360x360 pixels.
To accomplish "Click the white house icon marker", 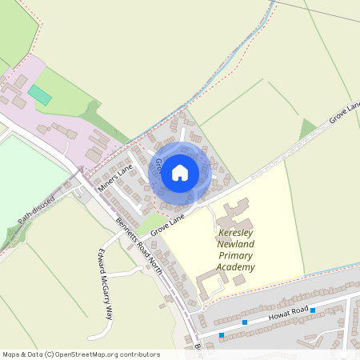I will pos(180,172).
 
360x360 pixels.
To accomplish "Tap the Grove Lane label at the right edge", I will pos(346,117).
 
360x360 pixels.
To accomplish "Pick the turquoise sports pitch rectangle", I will pos(39,94).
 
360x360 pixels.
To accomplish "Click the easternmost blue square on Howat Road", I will pos(313,310).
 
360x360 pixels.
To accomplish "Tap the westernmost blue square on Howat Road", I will pos(222,334).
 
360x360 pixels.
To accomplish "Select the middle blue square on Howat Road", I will pos(245,322).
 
